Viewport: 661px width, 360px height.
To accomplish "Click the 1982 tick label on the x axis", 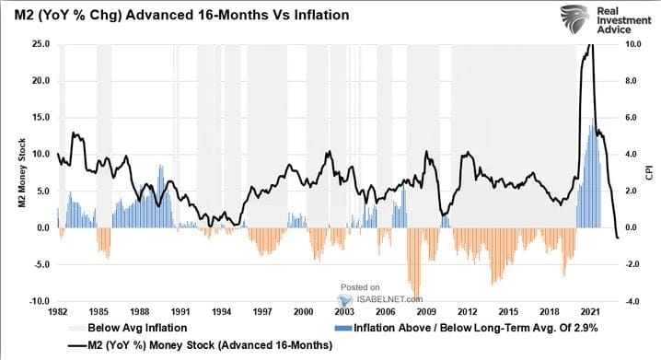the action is tap(58, 312).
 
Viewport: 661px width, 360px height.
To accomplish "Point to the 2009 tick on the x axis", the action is tap(426, 312).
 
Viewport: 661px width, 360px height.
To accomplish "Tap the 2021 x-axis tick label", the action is tap(590, 312).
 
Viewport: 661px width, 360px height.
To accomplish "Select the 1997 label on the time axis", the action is tap(262, 312).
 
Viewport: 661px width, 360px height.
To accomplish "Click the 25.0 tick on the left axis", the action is tap(41, 44).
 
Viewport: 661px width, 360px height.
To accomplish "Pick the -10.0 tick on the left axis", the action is tap(40, 301).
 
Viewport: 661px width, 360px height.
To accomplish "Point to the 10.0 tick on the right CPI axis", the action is tap(632, 44).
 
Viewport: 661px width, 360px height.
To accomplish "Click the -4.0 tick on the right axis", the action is tap(632, 301).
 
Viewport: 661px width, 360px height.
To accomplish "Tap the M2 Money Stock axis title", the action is tap(22, 173).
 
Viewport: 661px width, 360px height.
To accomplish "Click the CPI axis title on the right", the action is tap(649, 172).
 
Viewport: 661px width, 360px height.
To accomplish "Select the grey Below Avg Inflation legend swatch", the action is tap(77, 328).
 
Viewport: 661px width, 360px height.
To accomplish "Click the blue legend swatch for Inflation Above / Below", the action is tap(343, 328).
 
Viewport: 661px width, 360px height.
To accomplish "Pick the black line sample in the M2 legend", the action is tap(77, 346).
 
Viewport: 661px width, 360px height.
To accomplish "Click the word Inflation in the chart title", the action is tap(321, 15).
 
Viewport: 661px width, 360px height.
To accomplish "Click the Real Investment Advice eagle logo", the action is tap(575, 19).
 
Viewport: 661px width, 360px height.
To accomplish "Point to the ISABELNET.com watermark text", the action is tap(389, 299).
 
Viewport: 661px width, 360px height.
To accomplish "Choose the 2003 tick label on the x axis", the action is tap(344, 312).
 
